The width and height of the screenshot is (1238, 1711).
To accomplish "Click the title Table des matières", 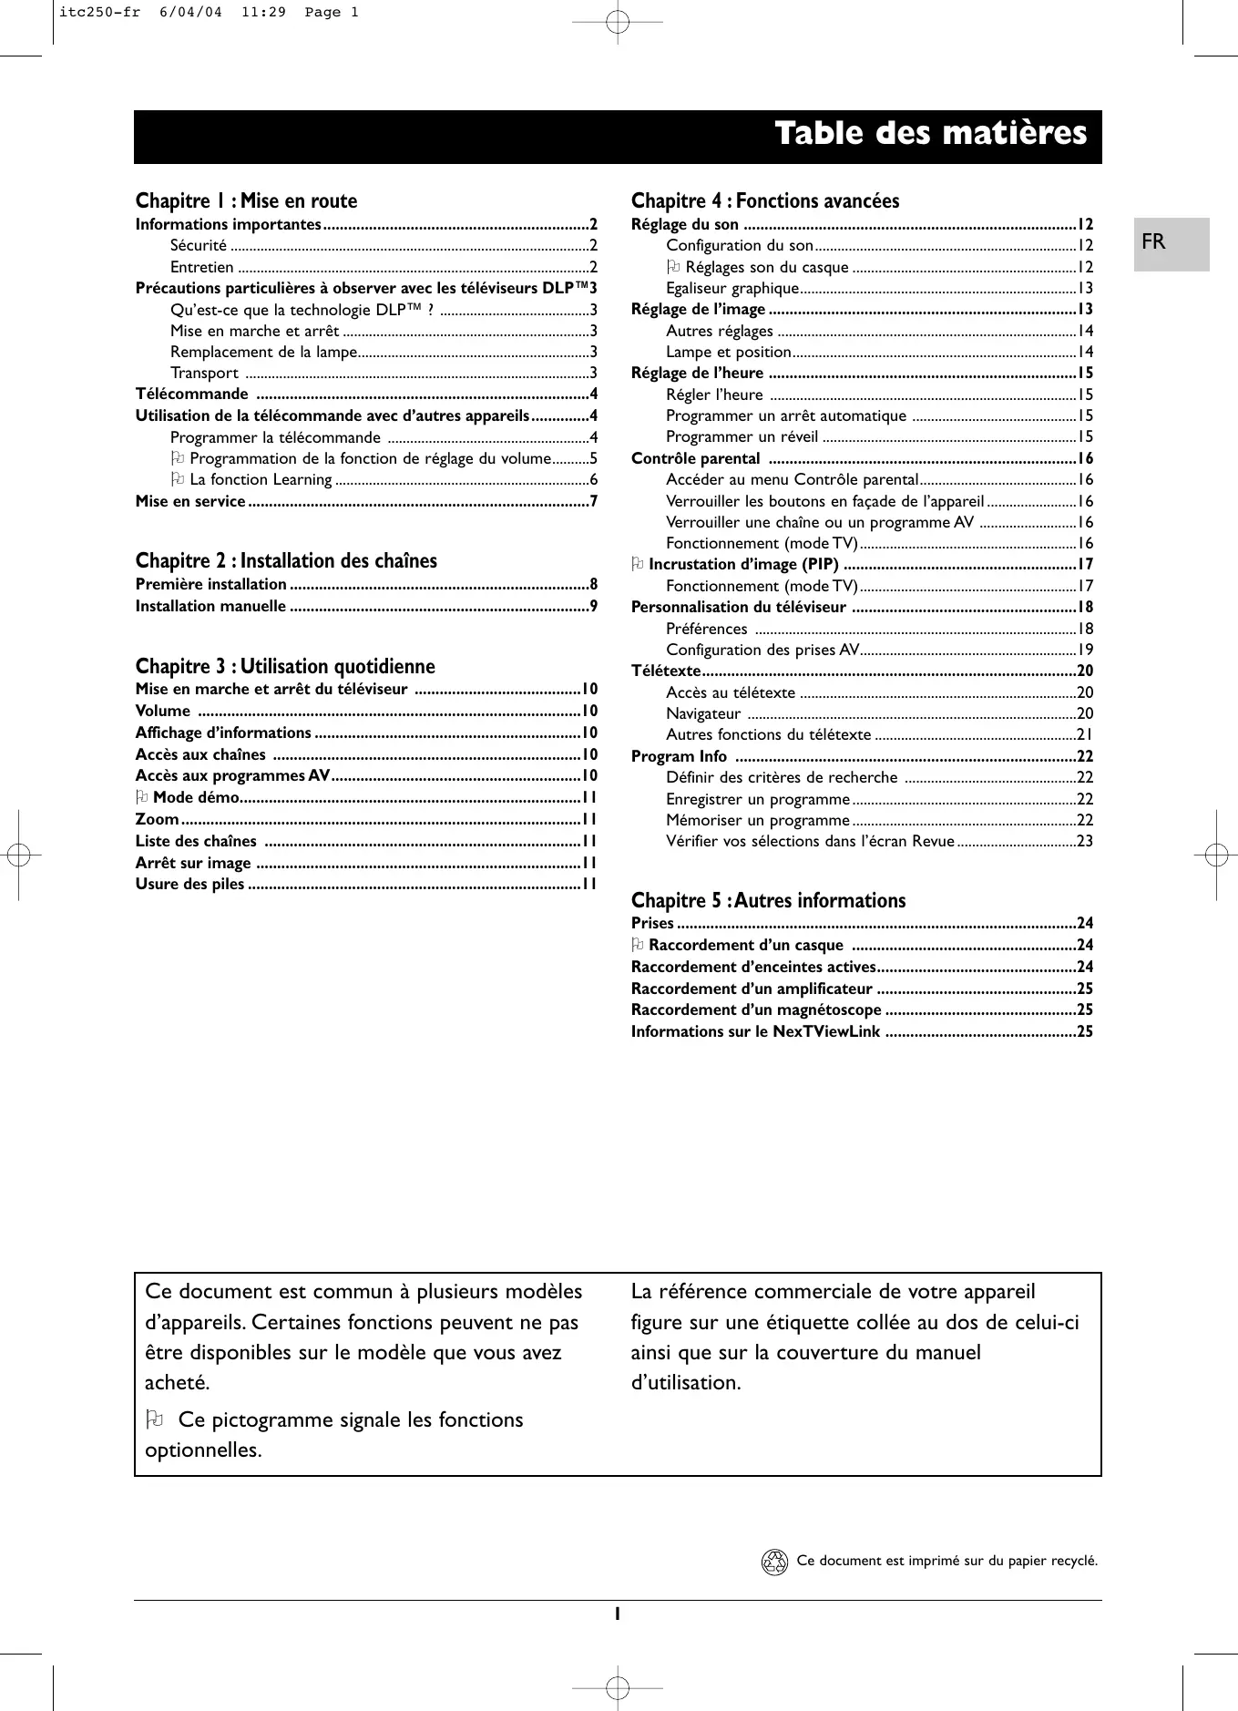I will pos(930,134).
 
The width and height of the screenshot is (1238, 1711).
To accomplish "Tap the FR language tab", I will pos(1153,242).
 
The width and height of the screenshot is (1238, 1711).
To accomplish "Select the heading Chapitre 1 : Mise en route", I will pos(246,201).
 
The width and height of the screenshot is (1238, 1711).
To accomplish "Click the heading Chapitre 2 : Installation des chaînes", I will pos(286,561).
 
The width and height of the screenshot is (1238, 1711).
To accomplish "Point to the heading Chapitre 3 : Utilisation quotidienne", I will pos(285,667).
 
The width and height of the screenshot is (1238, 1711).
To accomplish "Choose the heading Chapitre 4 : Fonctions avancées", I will pos(764,201).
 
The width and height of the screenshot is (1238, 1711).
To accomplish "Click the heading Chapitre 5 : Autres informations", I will pos(768,901).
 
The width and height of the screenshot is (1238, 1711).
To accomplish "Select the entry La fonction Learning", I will pos(261,480).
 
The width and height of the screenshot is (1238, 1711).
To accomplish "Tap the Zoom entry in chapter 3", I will pos(157,820).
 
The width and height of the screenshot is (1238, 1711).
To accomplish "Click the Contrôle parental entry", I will pos(695,459).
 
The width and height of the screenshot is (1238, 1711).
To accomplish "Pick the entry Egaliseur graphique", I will pos(732,289).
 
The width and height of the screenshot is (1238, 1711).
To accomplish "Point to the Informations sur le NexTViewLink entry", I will pos(755,1032).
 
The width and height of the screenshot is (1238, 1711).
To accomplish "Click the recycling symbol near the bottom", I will pos(773,1562).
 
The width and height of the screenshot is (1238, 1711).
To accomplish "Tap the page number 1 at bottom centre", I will pos(617,1614).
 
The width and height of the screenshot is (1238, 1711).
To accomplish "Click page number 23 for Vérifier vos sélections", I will pos(1084,842).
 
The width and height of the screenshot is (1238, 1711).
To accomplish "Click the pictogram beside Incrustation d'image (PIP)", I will pos(638,565).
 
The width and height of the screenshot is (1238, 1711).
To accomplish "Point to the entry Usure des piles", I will pos(189,885).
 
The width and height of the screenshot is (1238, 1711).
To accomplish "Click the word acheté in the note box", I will pos(178,1383).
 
